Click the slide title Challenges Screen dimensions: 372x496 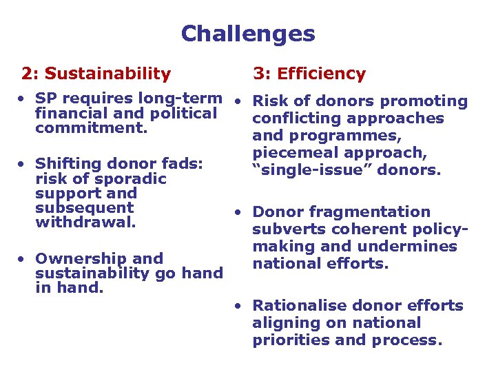tap(248, 34)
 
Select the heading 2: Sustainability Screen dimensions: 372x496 tap(96, 73)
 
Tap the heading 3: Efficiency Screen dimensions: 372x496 tap(309, 74)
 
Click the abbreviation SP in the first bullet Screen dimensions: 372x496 tap(45, 99)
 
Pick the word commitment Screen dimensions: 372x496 tap(91, 128)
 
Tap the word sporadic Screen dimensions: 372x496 tap(130, 178)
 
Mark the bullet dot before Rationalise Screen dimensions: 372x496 tap(236, 304)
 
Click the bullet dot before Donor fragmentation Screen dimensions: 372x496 tap(236, 211)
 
